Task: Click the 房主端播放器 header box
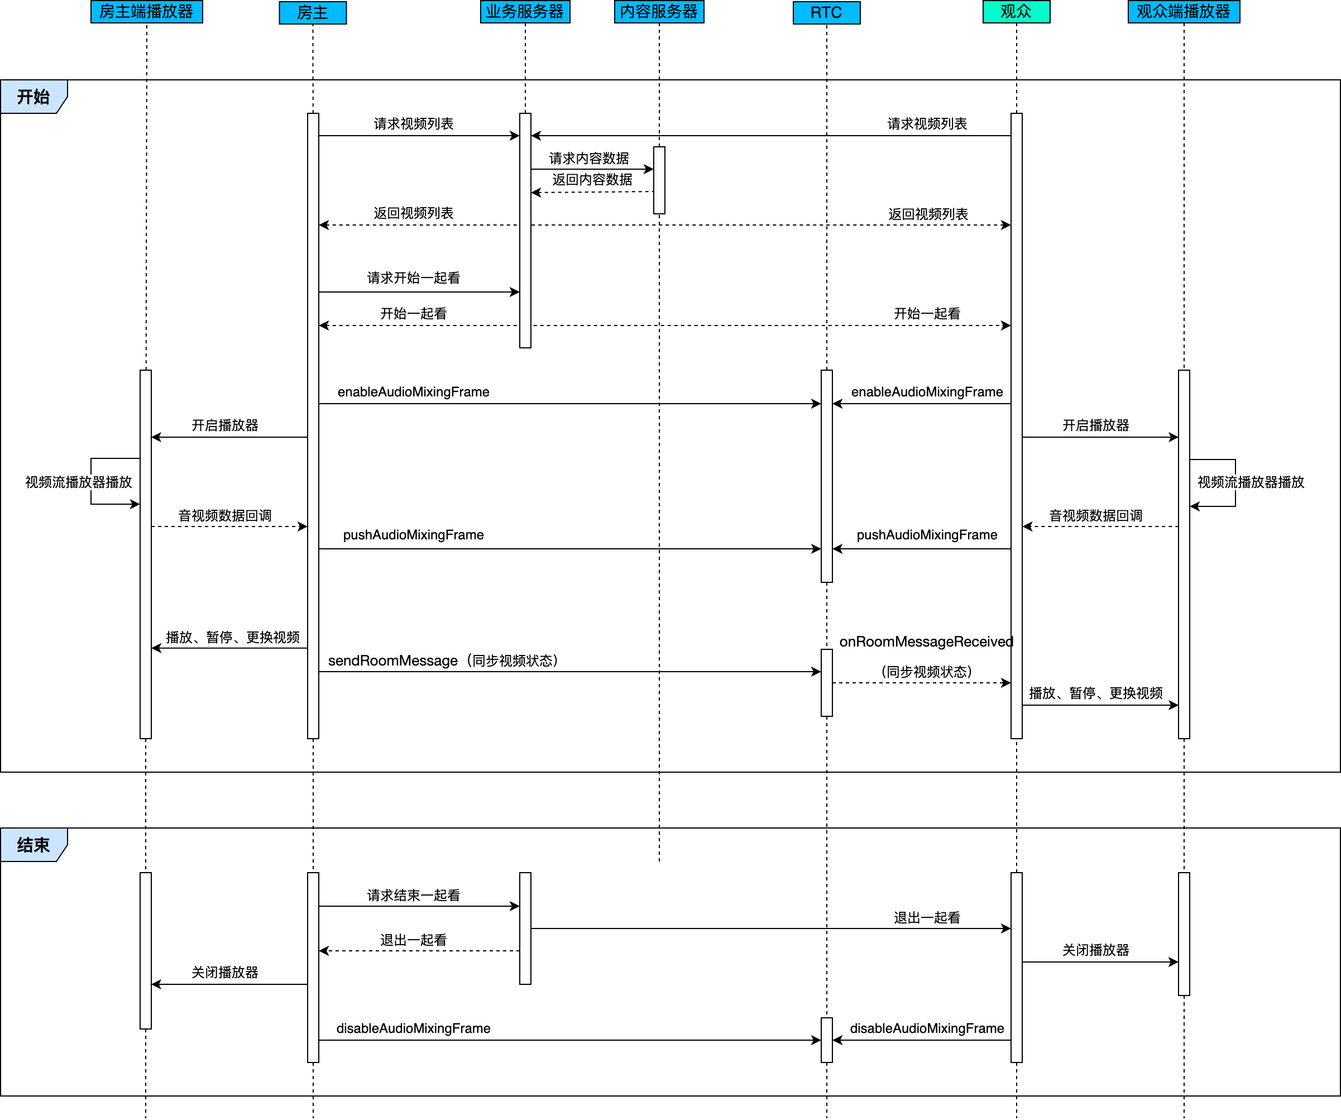146,12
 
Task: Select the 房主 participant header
313,13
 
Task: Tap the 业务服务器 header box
525,12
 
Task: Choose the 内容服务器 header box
659,12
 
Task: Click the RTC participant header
826,13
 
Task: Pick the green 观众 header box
1016,12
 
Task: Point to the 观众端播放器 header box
1184,12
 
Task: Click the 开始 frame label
33,97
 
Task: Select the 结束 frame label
33,845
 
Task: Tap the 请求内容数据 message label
589,159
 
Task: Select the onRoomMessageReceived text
926,642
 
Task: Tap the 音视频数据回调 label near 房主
225,516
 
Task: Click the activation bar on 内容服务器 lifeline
659,180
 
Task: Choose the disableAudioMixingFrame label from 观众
927,1028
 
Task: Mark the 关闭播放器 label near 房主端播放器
225,973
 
